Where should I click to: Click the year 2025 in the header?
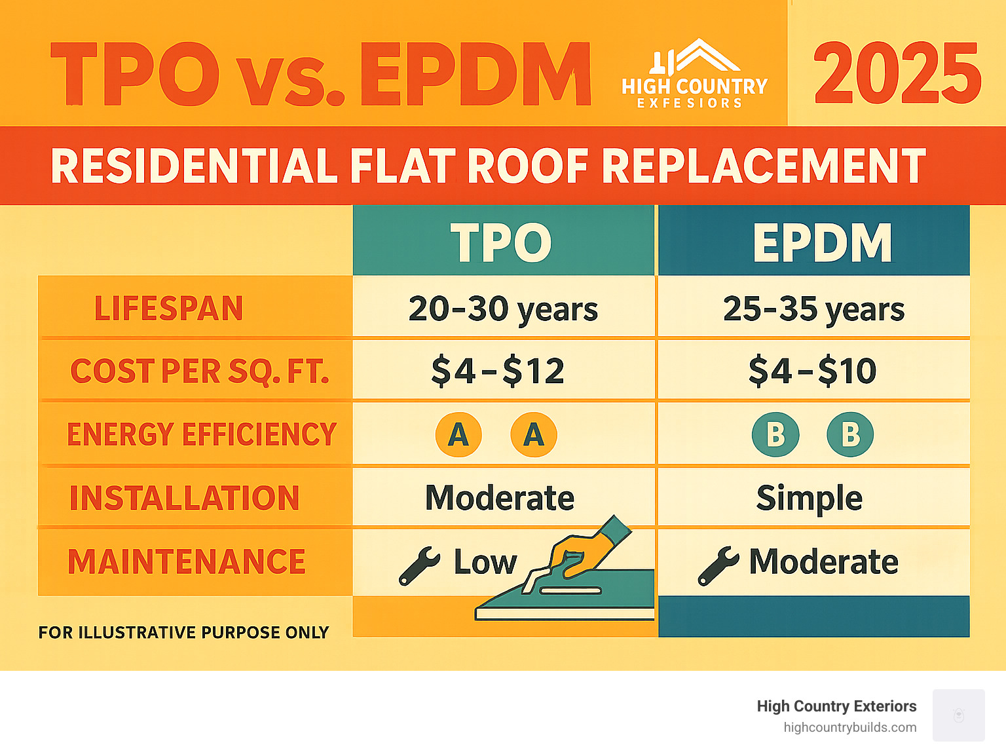pos(897,73)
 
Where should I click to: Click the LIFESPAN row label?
pos(168,309)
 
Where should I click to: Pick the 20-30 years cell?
pos(503,309)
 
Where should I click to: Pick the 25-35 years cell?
pos(813,309)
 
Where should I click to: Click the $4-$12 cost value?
pos(498,371)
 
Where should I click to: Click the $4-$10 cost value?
pos(812,371)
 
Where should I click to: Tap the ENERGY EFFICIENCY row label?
pos(202,434)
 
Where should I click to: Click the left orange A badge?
pos(458,434)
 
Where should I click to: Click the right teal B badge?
pos(850,434)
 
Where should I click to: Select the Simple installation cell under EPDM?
pos(809,498)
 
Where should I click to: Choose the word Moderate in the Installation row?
pos(500,498)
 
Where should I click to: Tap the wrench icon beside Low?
pos(419,565)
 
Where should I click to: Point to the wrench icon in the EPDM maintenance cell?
pos(718,565)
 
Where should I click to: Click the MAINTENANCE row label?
pos(187,562)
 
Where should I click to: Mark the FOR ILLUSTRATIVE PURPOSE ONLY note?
pos(183,632)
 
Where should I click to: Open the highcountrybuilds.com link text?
pos(849,727)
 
